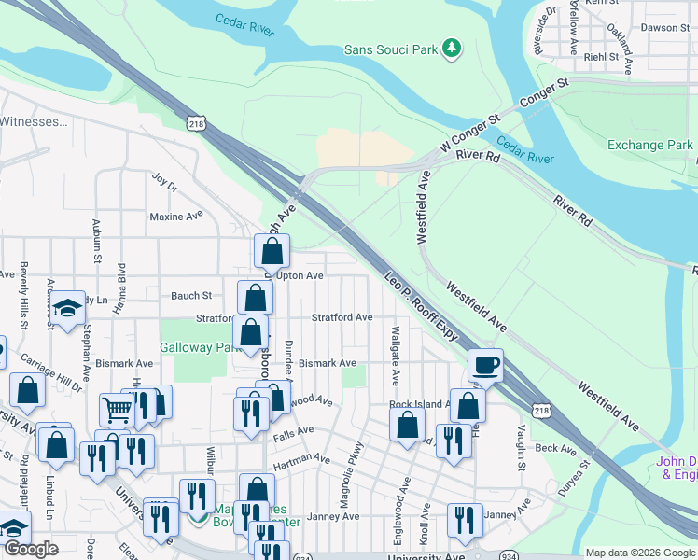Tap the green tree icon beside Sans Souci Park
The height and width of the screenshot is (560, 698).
pos(452,48)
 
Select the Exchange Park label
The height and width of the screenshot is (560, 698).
pos(649,145)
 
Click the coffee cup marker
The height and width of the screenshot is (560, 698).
pos(485,365)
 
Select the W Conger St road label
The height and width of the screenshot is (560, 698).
pos(470,132)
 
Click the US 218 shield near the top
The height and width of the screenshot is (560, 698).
pos(195,122)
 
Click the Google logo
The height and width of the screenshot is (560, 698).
pos(31,549)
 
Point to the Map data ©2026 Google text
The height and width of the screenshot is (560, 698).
pos(639,553)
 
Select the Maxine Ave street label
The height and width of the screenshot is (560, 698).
pos(175,216)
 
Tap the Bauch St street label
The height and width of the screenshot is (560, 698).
pos(191,296)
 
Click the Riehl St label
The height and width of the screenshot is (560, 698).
pos(602,57)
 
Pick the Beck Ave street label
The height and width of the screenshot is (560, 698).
pos(557,449)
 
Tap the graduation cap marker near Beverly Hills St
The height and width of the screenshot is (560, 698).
pos(67,309)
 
